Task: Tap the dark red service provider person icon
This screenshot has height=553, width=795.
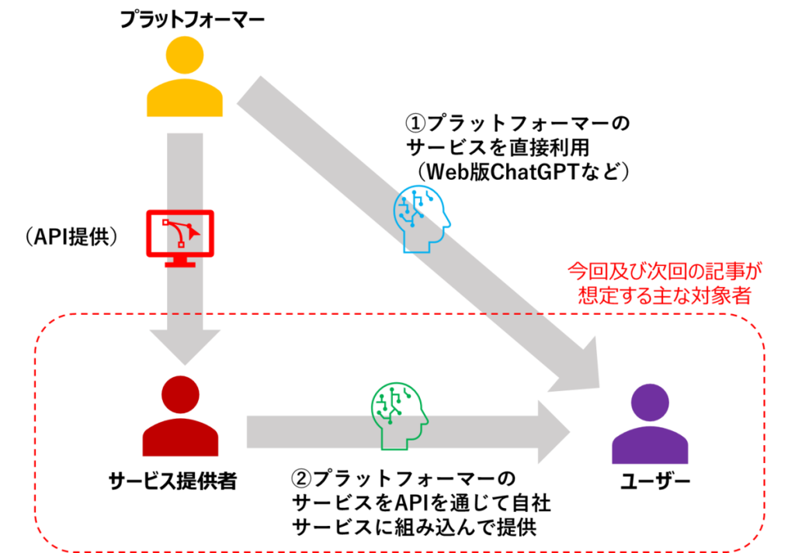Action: [x=180, y=416]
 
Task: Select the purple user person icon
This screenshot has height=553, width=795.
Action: [x=650, y=424]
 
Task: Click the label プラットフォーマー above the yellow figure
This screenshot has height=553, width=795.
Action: [x=193, y=19]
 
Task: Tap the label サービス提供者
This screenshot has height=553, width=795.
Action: [x=173, y=481]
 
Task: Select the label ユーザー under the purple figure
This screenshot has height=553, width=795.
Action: [x=655, y=481]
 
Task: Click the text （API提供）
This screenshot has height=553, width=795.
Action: [x=71, y=237]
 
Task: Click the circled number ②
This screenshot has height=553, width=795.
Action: [x=302, y=479]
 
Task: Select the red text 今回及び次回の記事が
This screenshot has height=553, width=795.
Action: [x=665, y=271]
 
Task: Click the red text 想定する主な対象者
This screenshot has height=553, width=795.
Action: [x=665, y=296]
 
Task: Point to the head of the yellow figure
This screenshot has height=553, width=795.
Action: [x=185, y=55]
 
